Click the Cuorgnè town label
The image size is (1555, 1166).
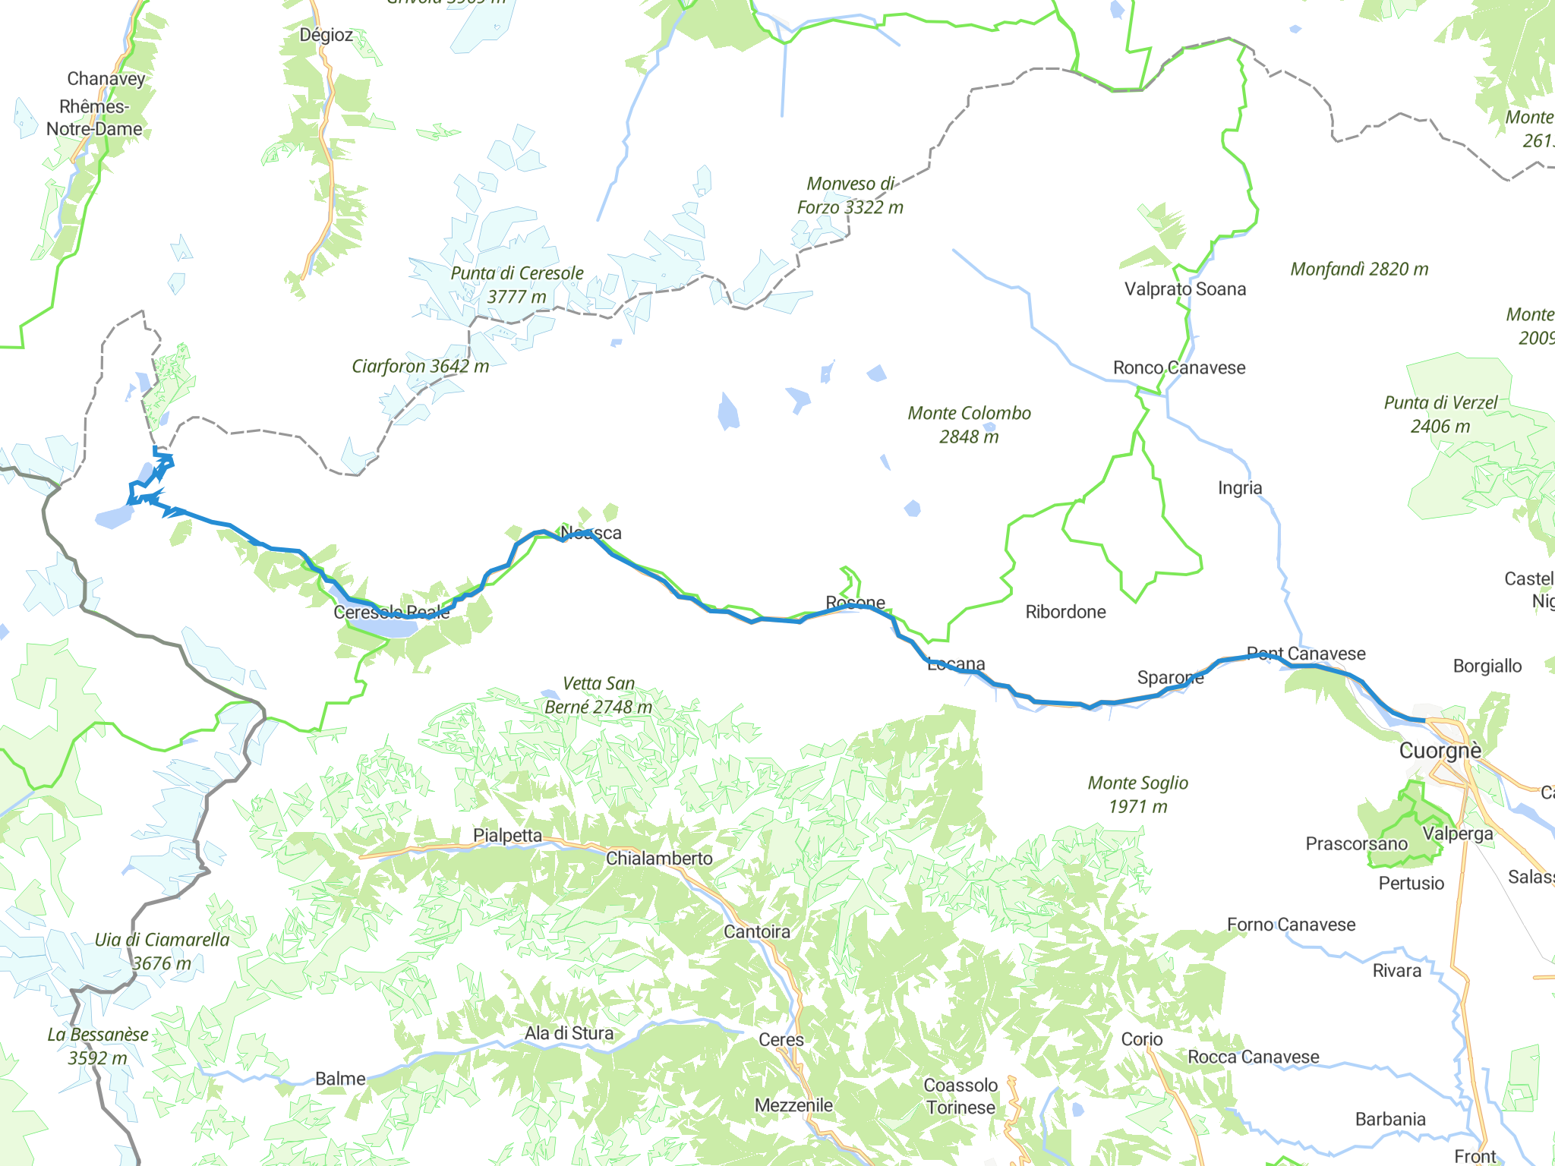point(1440,751)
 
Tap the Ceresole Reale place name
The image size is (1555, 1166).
point(391,612)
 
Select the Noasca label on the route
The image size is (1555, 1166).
point(591,533)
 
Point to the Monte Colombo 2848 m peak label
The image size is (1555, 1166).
point(969,424)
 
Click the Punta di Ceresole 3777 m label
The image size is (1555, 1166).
point(517,285)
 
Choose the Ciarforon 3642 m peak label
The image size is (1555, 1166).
point(420,366)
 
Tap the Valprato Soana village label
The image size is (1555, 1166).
point(1184,288)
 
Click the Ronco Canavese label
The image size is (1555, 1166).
point(1178,367)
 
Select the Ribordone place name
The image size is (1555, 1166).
point(1065,612)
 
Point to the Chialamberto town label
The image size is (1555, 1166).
point(659,858)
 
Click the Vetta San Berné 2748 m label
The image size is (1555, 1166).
point(598,695)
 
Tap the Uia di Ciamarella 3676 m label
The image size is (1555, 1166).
point(162,951)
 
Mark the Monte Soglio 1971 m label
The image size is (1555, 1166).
point(1137,794)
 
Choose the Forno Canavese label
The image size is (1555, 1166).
point(1291,924)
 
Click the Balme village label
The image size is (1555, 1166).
point(340,1078)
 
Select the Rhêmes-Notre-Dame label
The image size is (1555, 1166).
point(94,118)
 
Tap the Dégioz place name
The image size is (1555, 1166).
point(326,35)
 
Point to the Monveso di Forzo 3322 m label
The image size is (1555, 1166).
point(850,195)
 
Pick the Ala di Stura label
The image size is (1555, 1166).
point(569,1032)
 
